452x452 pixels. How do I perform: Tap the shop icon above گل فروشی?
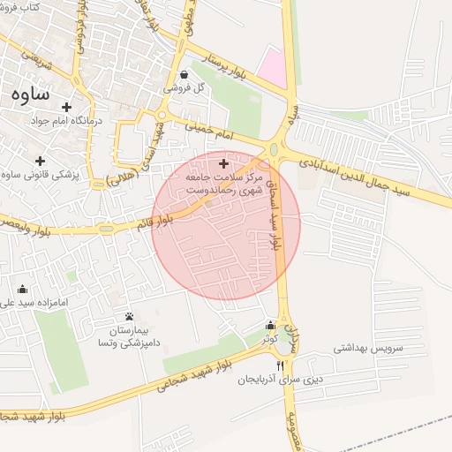coord(183,75)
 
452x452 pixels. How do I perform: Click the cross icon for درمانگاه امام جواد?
coord(66,107)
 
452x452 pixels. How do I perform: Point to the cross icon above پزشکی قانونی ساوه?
coord(40,161)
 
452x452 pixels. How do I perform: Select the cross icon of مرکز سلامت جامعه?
coord(222,163)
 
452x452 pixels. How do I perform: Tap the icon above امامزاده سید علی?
coord(22,289)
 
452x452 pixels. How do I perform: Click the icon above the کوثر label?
coord(269,325)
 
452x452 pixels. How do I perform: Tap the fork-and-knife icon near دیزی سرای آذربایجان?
coord(281,365)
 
